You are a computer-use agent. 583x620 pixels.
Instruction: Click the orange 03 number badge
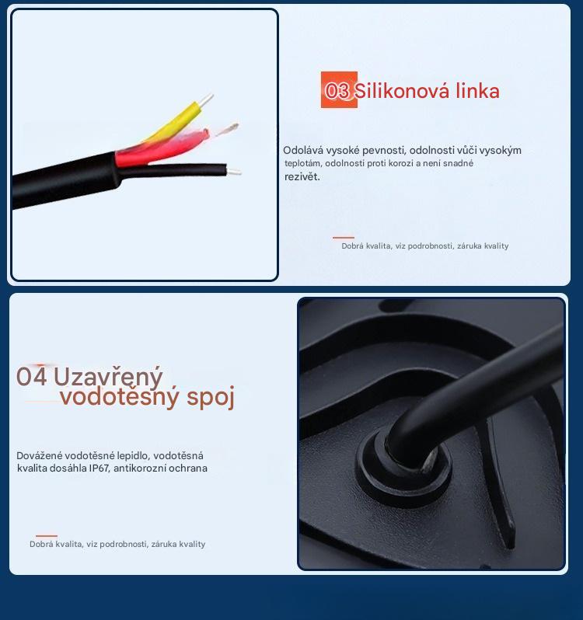pyautogui.click(x=339, y=90)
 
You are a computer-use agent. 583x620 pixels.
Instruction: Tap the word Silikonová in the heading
pyautogui.click(x=402, y=91)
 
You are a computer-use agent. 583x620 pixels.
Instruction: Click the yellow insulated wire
pyautogui.click(x=174, y=121)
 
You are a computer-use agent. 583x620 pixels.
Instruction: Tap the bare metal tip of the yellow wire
pyautogui.click(x=206, y=99)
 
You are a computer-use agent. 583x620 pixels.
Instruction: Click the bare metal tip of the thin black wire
pyautogui.click(x=233, y=171)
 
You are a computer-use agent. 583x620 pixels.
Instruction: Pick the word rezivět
pyautogui.click(x=302, y=176)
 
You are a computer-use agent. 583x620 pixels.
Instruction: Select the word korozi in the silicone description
pyautogui.click(x=400, y=163)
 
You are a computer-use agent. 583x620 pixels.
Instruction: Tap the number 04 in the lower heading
pyautogui.click(x=32, y=376)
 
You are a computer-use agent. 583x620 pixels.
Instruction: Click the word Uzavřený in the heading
pyautogui.click(x=108, y=377)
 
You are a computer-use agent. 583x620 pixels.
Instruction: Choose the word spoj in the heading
pyautogui.click(x=211, y=397)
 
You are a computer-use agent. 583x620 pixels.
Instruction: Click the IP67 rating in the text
pyautogui.click(x=99, y=468)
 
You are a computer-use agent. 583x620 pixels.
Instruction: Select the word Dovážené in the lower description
pyautogui.click(x=39, y=455)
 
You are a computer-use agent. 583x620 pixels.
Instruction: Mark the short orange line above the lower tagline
pyautogui.click(x=47, y=536)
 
